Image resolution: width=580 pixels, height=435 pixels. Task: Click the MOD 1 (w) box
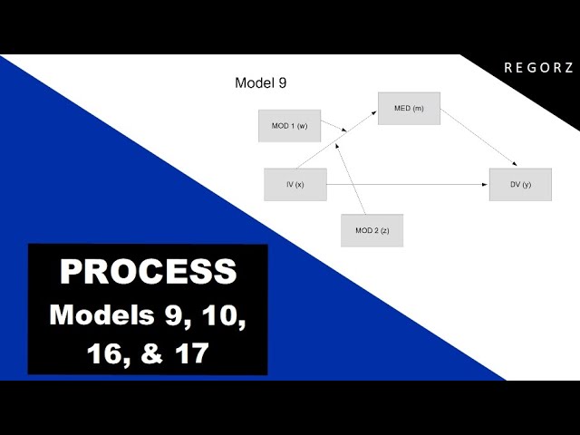click(290, 126)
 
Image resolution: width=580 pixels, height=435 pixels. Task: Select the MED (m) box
click(409, 109)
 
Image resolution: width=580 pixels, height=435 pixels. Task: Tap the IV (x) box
click(295, 184)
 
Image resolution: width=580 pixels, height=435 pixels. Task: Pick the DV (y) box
click(520, 185)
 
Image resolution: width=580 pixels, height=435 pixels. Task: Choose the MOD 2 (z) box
click(372, 230)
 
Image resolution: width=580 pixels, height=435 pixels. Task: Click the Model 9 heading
click(261, 83)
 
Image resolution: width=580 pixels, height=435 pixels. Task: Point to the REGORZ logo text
click(538, 68)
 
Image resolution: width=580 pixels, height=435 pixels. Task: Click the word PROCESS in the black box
click(148, 272)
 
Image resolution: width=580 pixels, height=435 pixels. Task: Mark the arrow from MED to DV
click(478, 140)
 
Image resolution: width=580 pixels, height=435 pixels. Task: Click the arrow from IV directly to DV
click(408, 185)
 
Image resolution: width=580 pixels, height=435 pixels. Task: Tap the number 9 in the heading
click(283, 83)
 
